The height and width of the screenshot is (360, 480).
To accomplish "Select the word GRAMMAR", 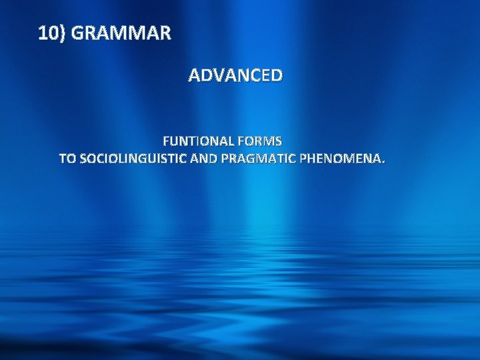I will tap(120, 33).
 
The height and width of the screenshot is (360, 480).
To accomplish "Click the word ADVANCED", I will tap(235, 75).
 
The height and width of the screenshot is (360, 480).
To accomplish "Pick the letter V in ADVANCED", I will tap(221, 75).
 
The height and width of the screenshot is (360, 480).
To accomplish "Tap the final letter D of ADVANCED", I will tap(276, 75).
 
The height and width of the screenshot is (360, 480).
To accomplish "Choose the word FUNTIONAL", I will tap(198, 141).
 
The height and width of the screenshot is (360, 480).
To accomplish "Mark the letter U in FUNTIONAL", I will tap(175, 141).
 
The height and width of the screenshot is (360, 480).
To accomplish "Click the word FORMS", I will tap(259, 141).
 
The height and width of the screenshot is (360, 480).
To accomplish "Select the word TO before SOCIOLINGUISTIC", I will tap(67, 159).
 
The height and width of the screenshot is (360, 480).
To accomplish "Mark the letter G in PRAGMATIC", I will tap(251, 159).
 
